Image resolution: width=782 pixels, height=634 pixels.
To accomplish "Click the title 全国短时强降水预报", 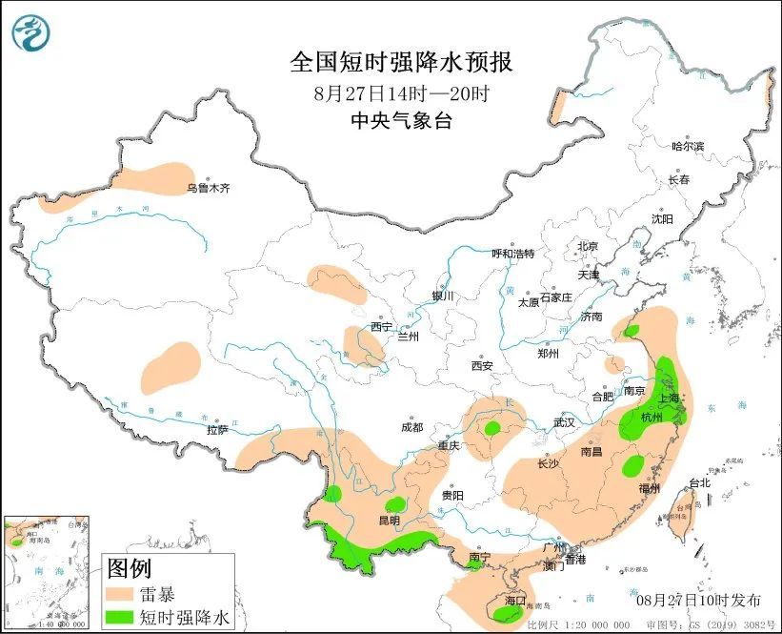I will coord(401,63).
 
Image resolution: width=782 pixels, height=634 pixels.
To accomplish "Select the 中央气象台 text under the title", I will coord(401,120).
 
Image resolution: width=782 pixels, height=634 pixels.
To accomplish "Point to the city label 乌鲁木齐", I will coord(208,189).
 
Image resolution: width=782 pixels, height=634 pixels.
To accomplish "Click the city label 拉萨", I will coord(217,430).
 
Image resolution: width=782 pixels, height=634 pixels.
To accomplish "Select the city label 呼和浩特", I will coord(512,254).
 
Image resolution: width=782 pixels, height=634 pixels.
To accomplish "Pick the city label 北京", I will coord(587,246).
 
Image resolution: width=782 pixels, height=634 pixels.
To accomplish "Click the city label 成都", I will coord(412,428).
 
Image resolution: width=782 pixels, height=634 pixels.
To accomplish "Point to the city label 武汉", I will coord(565,421).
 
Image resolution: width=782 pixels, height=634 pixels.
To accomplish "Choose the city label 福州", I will coord(650,488).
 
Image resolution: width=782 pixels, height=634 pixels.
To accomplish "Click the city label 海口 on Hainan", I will coord(515,601).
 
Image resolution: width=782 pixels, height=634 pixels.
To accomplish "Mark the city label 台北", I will coord(699,483).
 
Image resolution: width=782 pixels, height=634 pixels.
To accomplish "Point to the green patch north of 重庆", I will coord(491,429).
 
